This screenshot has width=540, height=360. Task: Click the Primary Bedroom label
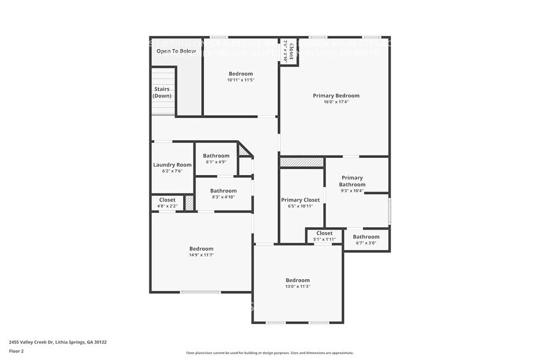336,96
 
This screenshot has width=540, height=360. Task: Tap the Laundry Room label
172,165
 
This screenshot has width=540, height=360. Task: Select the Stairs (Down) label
162,92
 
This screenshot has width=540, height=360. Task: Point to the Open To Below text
176,51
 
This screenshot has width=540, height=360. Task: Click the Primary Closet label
300,200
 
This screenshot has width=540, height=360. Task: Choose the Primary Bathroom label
352,181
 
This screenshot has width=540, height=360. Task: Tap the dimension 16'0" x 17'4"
336,102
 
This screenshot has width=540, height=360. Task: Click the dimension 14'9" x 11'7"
201,255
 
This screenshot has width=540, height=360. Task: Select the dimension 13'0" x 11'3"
298,286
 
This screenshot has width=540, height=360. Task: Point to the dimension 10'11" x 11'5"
240,80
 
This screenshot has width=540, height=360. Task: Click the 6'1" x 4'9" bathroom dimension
216,162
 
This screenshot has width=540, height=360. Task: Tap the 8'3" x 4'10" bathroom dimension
223,197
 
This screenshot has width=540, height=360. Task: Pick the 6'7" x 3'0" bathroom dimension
366,243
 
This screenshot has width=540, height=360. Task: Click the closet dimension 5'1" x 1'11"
324,239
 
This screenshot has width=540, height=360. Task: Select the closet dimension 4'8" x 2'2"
167,206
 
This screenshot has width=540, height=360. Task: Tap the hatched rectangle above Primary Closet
301,162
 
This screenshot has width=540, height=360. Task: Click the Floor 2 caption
17,351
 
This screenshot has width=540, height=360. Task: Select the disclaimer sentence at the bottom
269,353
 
